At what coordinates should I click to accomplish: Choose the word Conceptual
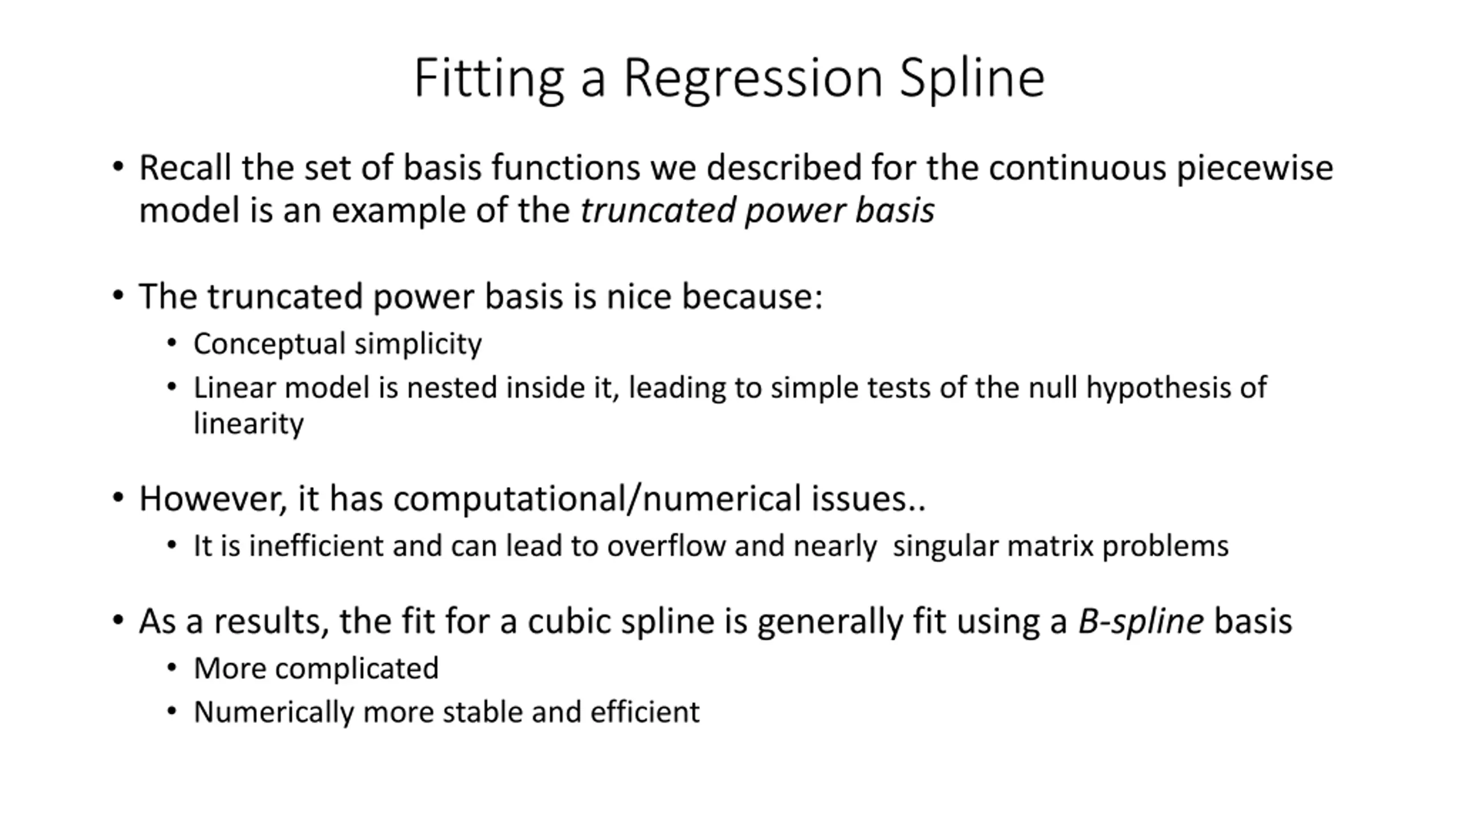click(x=270, y=344)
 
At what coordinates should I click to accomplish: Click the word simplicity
click(x=418, y=344)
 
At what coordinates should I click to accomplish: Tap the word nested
click(x=451, y=388)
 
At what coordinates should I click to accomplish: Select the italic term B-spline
click(x=1140, y=621)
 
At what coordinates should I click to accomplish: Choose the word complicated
click(x=357, y=669)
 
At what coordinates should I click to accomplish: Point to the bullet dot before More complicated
click(x=172, y=667)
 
